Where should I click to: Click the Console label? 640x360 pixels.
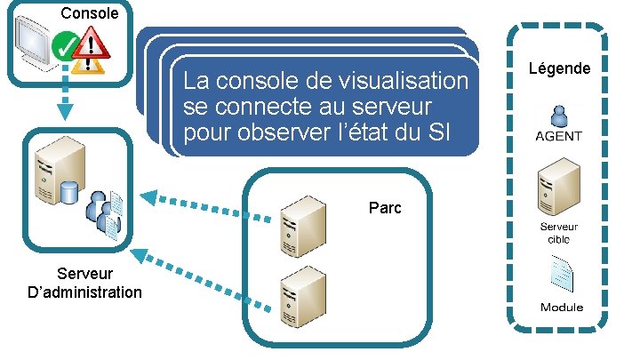pos(90,13)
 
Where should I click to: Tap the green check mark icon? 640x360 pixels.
pos(64,44)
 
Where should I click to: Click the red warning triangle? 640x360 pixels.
pos(90,43)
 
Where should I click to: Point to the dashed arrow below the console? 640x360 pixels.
pos(65,99)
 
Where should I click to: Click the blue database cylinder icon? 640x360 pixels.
pos(69,190)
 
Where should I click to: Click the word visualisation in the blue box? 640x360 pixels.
pos(404,83)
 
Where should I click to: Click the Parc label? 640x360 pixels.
pos(385,208)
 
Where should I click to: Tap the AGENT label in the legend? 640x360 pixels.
pos(559,136)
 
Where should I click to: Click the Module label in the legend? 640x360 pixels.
pos(562,307)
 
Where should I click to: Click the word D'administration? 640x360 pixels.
pos(84,292)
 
